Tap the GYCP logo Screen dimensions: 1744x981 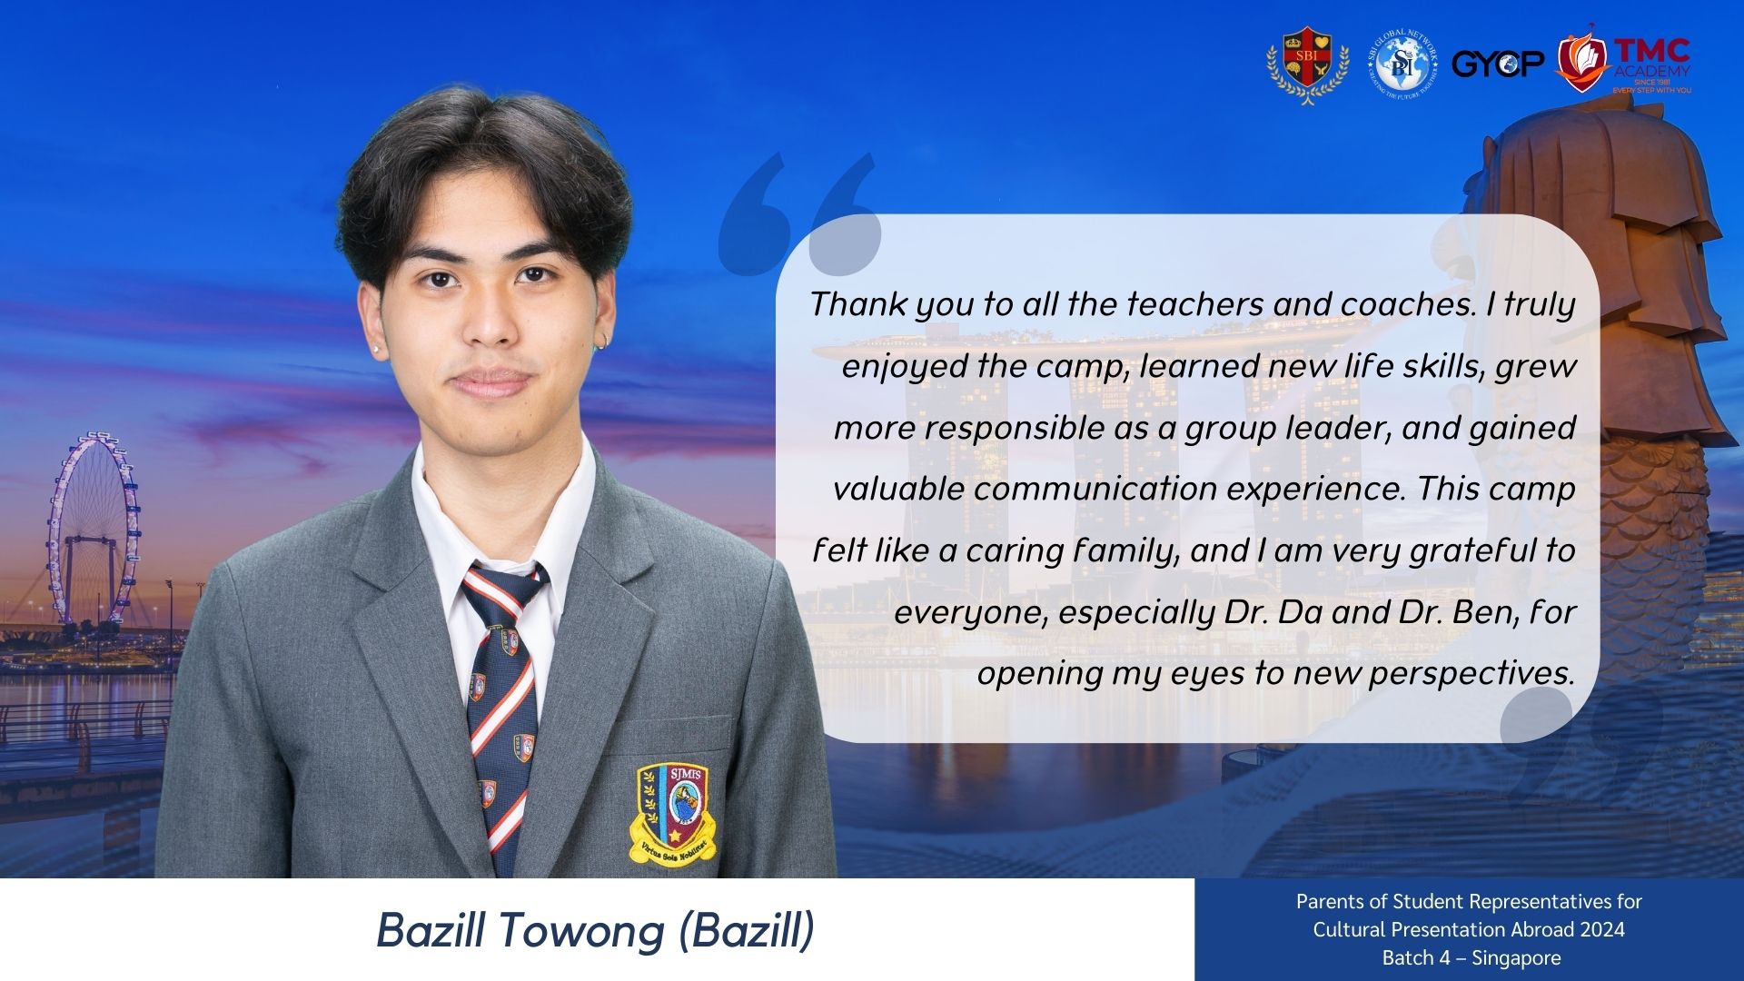coord(1498,63)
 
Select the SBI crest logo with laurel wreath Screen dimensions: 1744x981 coord(1307,64)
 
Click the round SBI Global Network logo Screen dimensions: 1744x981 coord(1402,64)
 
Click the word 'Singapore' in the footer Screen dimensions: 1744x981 coord(1516,958)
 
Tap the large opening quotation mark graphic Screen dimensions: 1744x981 coord(799,214)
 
